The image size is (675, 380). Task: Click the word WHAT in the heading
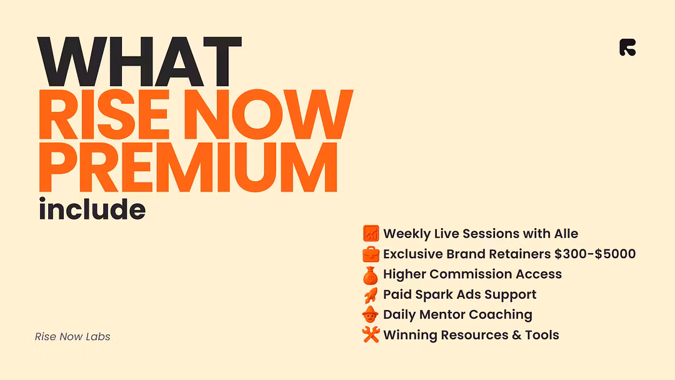pos(139,61)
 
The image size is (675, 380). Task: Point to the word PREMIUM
pos(188,166)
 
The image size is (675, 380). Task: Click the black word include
pos(92,209)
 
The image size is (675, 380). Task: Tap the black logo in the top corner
pos(627,47)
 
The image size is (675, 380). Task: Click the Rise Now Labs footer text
pos(72,336)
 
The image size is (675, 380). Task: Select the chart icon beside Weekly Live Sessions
pos(371,233)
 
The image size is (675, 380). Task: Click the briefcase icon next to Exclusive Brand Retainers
pos(371,254)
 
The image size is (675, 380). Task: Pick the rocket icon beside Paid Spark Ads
pos(371,295)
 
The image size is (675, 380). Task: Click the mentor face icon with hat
pos(370,314)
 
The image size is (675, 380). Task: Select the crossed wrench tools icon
pos(371,334)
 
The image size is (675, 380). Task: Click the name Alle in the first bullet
pos(566,234)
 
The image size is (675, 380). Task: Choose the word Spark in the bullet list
pos(434,295)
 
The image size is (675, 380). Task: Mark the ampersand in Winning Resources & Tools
pos(517,335)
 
